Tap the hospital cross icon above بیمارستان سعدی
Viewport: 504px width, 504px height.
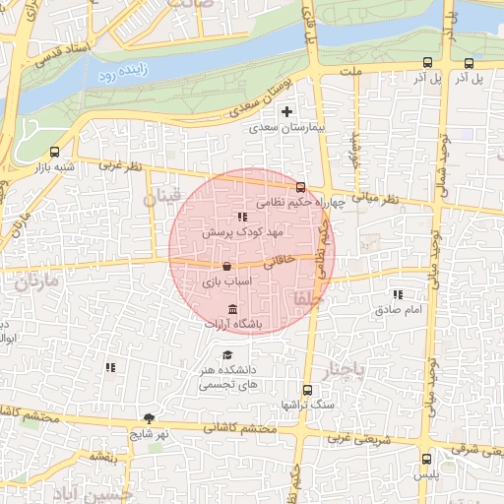pos(286,112)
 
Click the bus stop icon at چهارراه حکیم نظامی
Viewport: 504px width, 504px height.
pos(300,187)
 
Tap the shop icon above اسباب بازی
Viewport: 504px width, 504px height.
pos(227,266)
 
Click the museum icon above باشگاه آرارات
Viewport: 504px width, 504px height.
pos(231,310)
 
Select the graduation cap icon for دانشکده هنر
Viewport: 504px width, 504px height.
pos(228,355)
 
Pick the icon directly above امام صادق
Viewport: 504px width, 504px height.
pos(398,294)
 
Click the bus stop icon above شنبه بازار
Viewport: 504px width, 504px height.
pos(54,152)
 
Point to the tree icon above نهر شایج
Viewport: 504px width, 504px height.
pos(149,417)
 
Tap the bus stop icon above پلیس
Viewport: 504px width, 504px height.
pos(426,459)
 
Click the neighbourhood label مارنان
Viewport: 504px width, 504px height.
pos(37,283)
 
